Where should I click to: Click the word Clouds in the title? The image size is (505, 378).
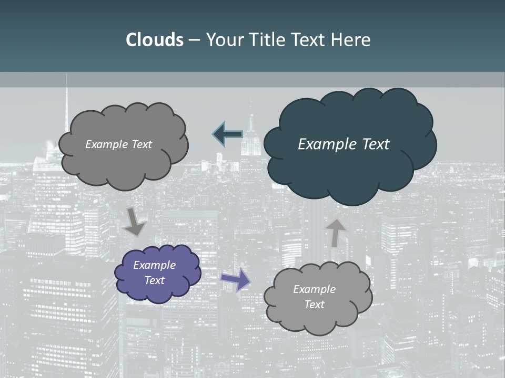pos(154,39)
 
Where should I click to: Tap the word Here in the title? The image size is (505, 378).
pos(350,39)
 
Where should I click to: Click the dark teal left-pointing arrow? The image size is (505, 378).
pos(227,135)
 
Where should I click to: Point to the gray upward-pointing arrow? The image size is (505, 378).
pos(335,233)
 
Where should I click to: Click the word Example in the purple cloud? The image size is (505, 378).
pos(154,265)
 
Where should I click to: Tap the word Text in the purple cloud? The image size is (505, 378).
pos(154,280)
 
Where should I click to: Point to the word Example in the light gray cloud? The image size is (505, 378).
pos(314,289)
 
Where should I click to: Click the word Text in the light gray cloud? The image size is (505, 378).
pos(314,304)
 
